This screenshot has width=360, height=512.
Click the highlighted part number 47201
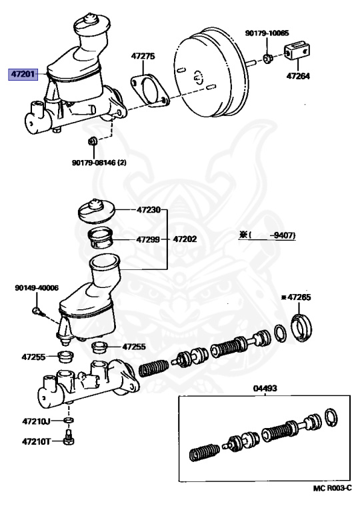(x=23, y=75)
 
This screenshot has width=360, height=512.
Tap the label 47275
(x=143, y=56)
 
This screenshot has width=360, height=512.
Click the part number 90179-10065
(x=267, y=33)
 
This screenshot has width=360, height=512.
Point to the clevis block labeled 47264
(x=297, y=51)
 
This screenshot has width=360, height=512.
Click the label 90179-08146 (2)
(x=99, y=162)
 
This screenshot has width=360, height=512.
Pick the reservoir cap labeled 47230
(x=97, y=211)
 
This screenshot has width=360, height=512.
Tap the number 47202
(x=185, y=239)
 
